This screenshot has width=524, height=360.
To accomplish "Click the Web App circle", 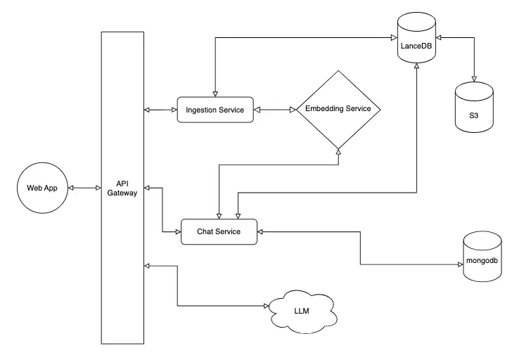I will tap(41, 188).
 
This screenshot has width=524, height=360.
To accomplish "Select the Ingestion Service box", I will tap(215, 110).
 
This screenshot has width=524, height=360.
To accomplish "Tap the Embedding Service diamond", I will tap(338, 110).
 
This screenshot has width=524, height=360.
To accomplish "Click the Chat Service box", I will tap(219, 232).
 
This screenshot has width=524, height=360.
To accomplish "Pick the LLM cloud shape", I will tap(301, 309).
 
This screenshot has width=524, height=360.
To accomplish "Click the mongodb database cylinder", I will tap(483, 259).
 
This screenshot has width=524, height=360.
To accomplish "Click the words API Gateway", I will tap(122, 188).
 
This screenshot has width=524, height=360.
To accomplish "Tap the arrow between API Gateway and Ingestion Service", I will tap(160, 110).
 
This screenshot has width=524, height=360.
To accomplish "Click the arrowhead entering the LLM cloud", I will tap(267, 306).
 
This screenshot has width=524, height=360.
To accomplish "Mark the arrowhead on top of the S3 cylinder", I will tap(473, 77).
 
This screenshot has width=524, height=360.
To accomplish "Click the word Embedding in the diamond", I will tap(318, 110).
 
